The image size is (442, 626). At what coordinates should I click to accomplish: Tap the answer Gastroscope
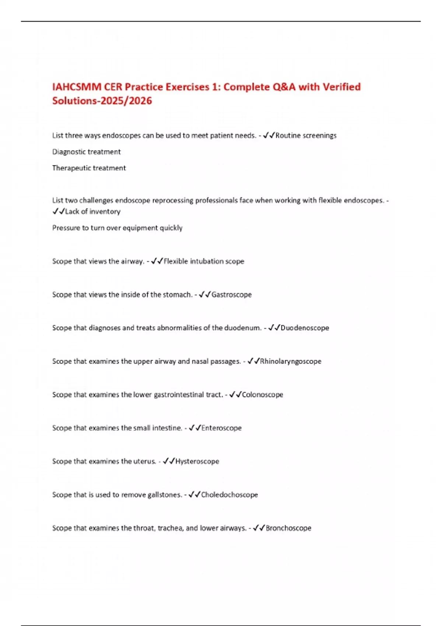click(231, 295)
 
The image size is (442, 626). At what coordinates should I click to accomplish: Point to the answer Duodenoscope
click(305, 328)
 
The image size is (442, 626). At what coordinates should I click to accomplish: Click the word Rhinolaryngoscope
click(291, 361)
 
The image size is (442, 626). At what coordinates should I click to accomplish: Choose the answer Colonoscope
click(262, 395)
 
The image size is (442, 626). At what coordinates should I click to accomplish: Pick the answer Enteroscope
click(221, 428)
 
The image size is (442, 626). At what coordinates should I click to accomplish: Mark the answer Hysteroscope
click(197, 461)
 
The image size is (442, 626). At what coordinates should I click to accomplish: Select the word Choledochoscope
click(229, 495)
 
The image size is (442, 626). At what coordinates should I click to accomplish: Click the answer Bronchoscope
click(288, 528)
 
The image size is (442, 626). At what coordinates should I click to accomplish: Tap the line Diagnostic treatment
click(87, 152)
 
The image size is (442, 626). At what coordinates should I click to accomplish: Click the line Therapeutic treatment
click(89, 168)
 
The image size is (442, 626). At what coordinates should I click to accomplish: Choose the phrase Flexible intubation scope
click(204, 261)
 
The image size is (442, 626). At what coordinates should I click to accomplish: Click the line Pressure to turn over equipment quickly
click(117, 228)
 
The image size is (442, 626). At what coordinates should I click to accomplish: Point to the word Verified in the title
click(341, 87)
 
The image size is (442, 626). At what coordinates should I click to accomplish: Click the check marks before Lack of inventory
click(59, 211)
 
